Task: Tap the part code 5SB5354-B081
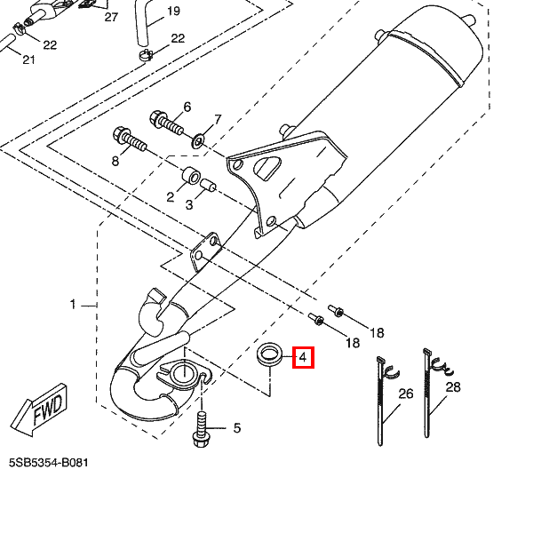(x=50, y=464)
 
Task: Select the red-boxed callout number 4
(x=302, y=359)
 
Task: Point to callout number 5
(x=237, y=429)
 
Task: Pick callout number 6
(x=187, y=107)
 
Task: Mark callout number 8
(x=115, y=161)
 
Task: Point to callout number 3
(x=188, y=204)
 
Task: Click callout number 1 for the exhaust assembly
(x=74, y=305)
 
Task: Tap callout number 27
(x=110, y=17)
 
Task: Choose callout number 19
(x=172, y=11)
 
